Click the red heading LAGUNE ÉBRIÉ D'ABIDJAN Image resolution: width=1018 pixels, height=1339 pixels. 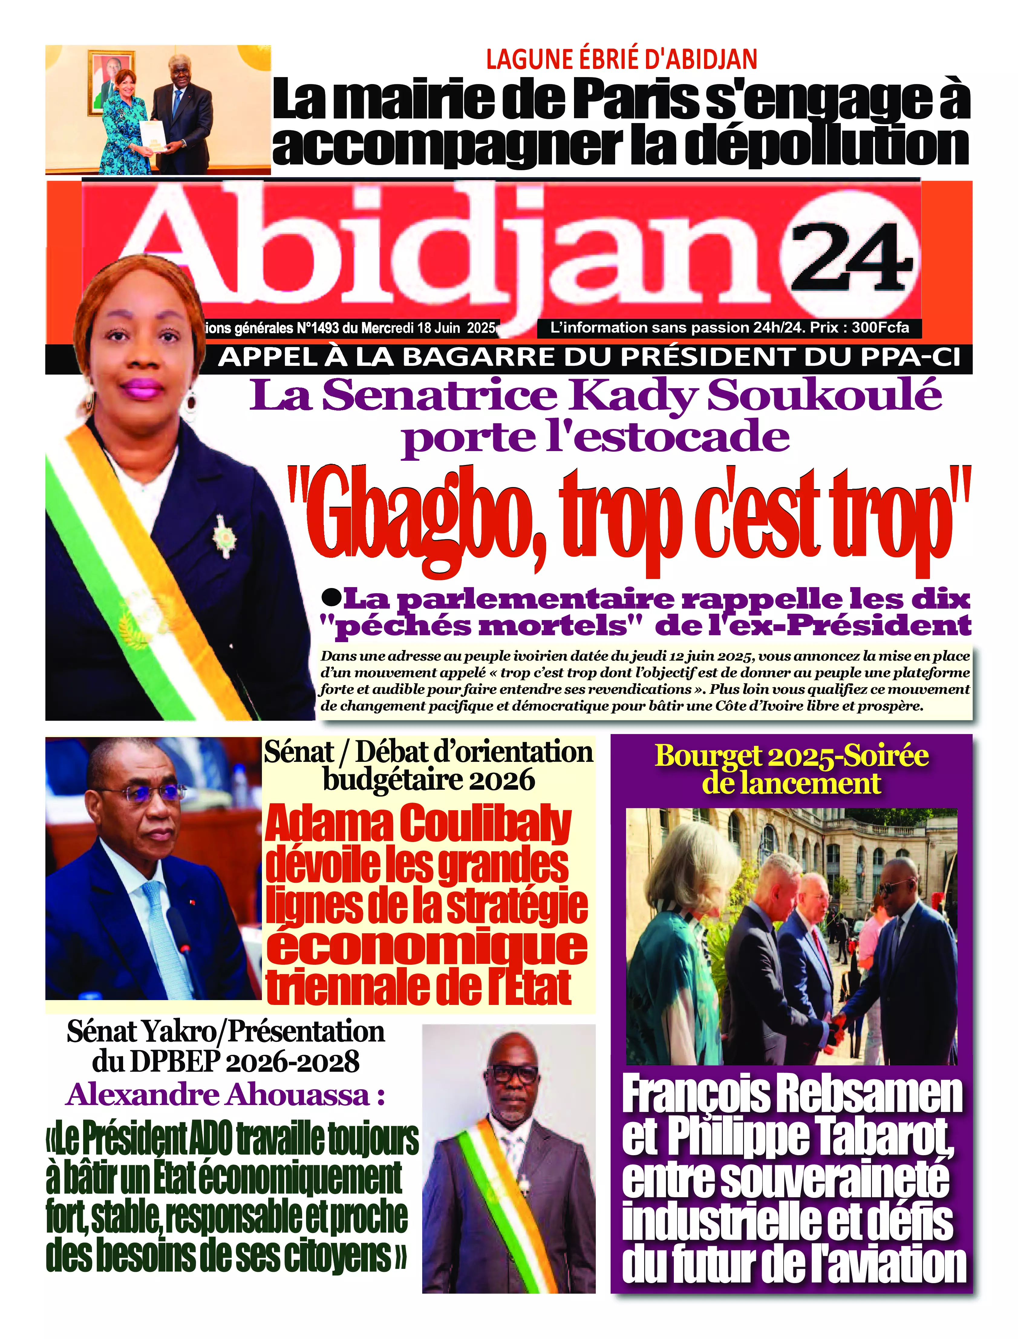pos(621,59)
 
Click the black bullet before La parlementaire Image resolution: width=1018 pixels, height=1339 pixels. pos(331,598)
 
